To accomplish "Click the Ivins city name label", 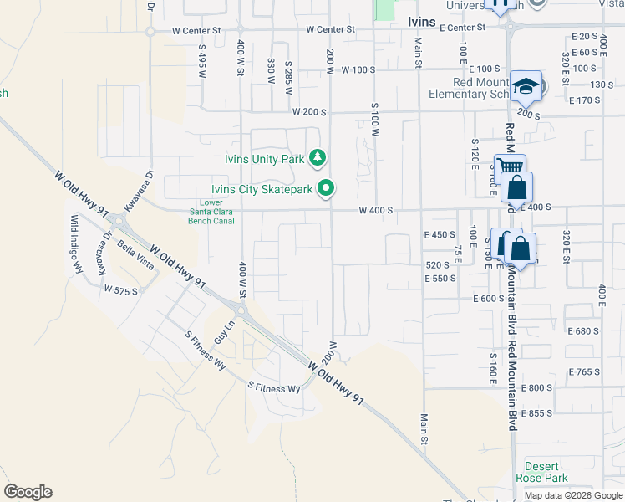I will tap(421, 22).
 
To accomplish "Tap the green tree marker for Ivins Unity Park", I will tap(318, 157).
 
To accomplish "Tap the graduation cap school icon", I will tap(526, 85).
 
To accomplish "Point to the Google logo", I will tap(28, 492).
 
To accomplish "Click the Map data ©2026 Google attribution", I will tap(573, 495).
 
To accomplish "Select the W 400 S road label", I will tap(376, 211).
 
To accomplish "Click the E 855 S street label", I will tap(536, 414).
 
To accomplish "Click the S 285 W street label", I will tap(287, 71).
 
